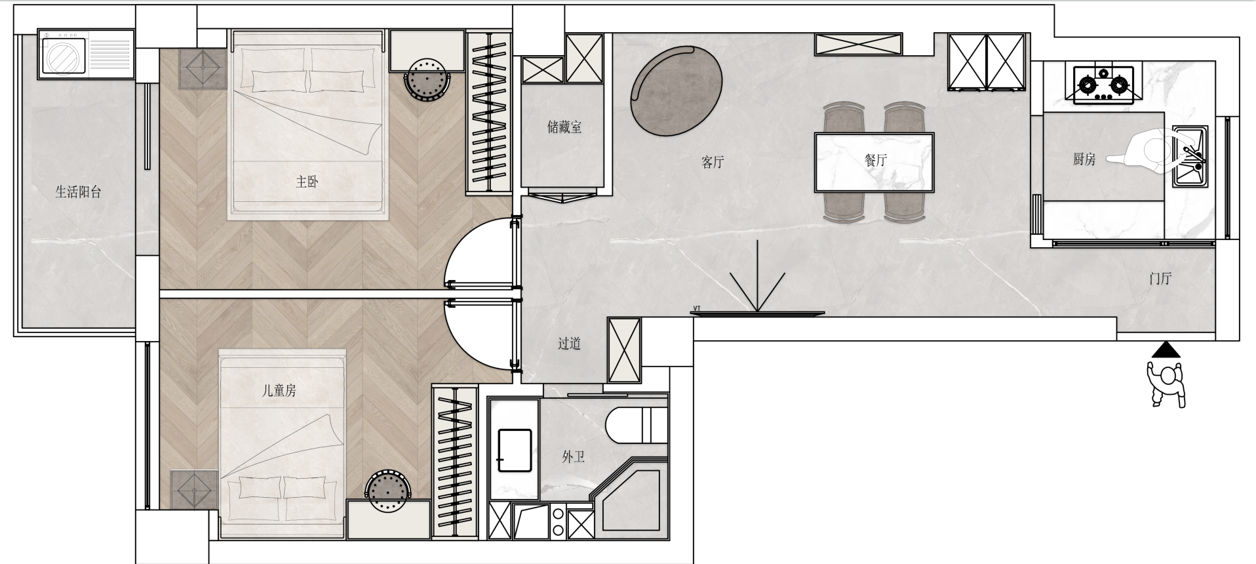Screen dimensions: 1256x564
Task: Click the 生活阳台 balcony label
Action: click(78, 192)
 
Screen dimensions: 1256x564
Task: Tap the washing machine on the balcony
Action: click(64, 54)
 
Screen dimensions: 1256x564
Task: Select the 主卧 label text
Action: click(307, 182)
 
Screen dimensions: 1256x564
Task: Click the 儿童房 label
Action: click(279, 391)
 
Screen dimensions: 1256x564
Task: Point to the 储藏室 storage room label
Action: click(564, 127)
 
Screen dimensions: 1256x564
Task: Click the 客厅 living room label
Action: click(713, 162)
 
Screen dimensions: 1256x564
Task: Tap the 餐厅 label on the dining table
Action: click(876, 160)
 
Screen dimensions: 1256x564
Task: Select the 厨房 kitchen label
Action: click(1084, 159)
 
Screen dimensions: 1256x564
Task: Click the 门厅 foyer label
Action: click(1160, 279)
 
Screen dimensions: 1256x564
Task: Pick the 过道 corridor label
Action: click(569, 344)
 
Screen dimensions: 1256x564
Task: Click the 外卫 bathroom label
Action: click(573, 457)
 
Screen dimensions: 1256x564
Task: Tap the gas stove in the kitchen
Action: click(1104, 85)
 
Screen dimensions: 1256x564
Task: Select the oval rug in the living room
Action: click(676, 91)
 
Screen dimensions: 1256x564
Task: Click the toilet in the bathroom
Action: click(636, 425)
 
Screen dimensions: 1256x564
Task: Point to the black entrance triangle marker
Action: click(1166, 350)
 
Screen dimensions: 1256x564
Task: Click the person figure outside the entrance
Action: click(1167, 384)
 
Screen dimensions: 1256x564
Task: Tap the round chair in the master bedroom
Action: click(427, 80)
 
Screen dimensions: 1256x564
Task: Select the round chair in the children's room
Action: click(388, 492)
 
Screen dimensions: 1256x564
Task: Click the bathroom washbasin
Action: click(515, 450)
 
